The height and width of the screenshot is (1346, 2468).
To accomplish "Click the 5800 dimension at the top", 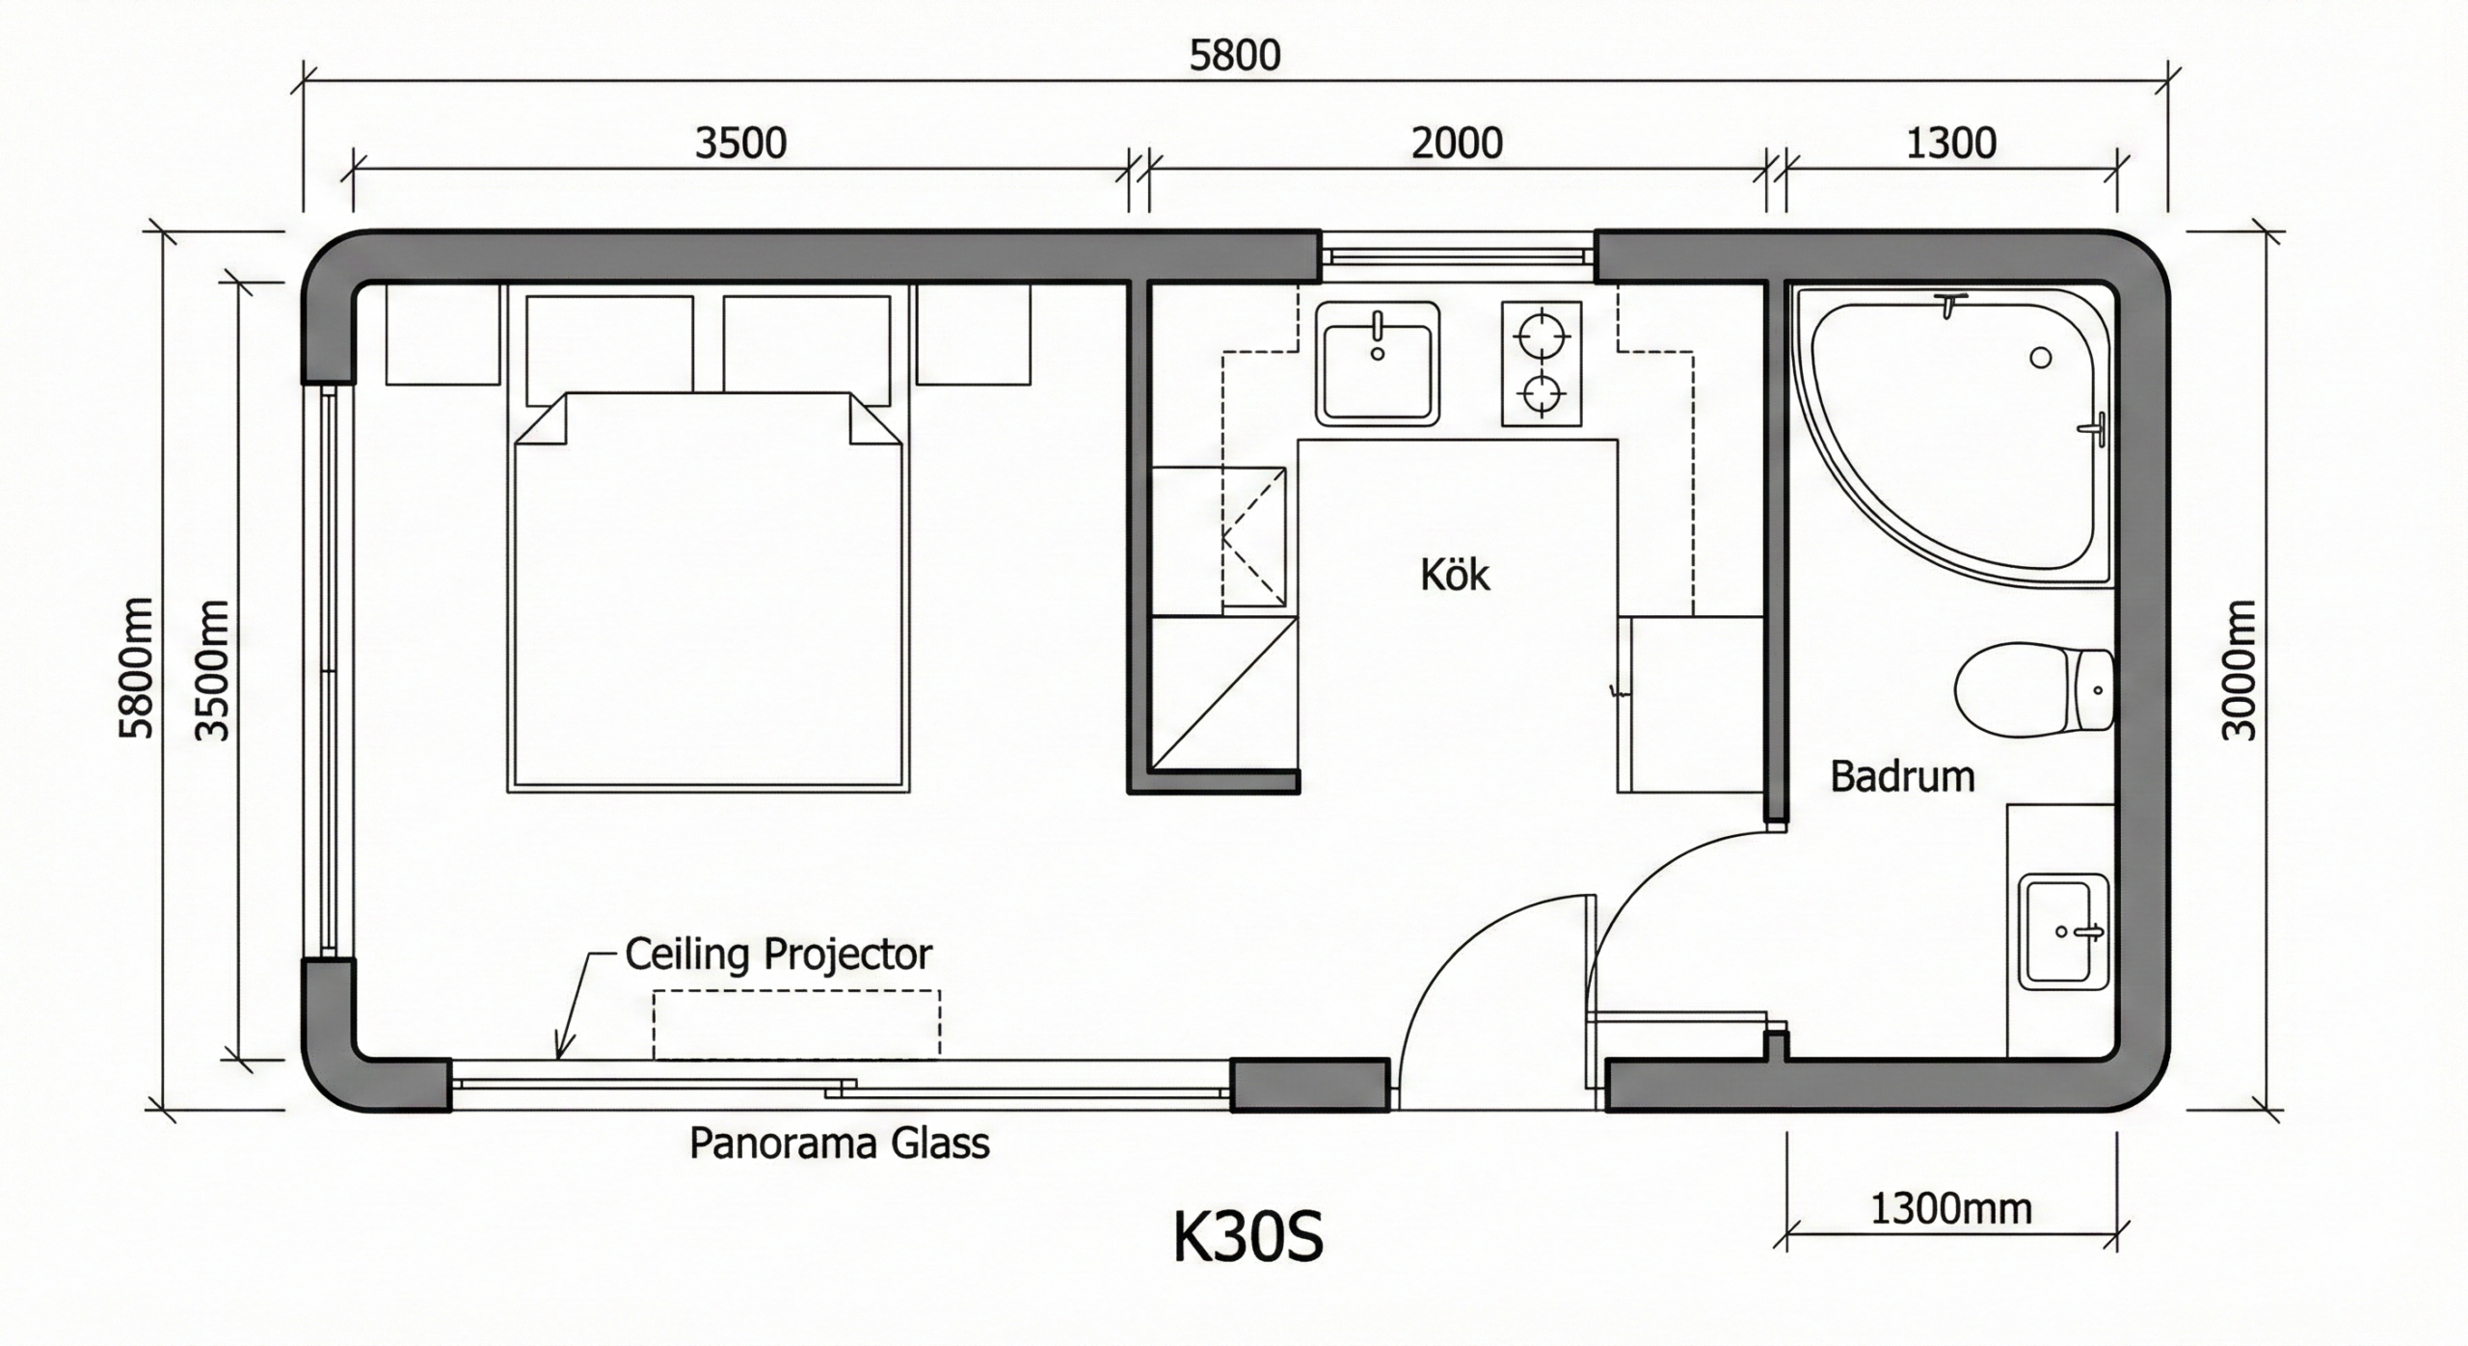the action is click(x=1235, y=56).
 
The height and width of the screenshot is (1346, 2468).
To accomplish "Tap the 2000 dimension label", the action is click(x=1457, y=144).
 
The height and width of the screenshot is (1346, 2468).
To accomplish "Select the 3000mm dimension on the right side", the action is click(x=2239, y=670).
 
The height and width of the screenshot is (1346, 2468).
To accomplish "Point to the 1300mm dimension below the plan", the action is click(x=1951, y=1208).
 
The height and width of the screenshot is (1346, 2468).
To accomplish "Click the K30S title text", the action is click(x=1247, y=1237).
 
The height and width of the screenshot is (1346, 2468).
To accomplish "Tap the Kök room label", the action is click(x=1455, y=575).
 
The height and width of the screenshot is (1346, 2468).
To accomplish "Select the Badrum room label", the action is click(x=1902, y=776).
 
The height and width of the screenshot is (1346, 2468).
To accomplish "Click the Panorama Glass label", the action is click(x=839, y=1144).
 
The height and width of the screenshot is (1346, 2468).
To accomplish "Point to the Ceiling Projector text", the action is click(x=779, y=954).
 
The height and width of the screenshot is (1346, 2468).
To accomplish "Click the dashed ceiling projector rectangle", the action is click(x=796, y=1024).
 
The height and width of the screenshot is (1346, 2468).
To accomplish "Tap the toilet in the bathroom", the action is click(x=2035, y=689).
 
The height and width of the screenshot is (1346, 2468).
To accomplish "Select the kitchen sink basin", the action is click(x=1378, y=363).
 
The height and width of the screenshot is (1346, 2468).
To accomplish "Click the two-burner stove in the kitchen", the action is click(x=1542, y=363).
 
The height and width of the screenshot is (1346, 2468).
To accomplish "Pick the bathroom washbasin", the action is click(x=2064, y=931).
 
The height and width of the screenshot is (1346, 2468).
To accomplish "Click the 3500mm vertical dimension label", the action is click(x=213, y=670).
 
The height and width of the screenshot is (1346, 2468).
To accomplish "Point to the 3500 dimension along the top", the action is click(x=740, y=144).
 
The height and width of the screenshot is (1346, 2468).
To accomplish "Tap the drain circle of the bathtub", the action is click(x=2041, y=358).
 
